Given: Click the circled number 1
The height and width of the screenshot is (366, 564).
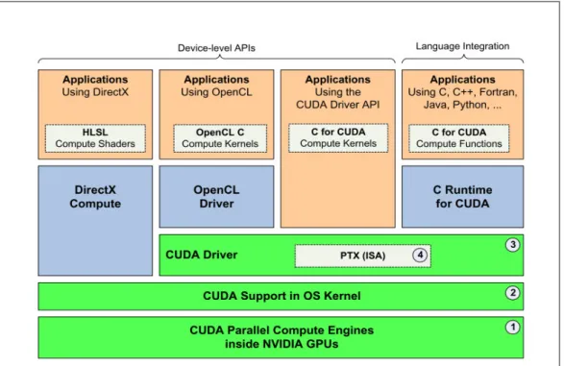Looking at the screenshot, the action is [x=512, y=328].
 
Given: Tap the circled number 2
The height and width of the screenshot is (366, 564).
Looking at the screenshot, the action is [x=512, y=293].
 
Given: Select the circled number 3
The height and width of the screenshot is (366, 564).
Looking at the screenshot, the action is [x=512, y=245].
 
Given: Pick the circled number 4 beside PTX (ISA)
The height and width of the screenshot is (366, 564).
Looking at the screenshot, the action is [x=420, y=256].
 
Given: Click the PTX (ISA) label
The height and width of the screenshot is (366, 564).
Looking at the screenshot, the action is [x=362, y=256].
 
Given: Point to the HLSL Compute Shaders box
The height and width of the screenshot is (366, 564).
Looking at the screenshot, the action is [x=95, y=138].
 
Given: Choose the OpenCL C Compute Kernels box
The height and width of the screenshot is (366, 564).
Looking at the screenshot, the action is [x=220, y=138].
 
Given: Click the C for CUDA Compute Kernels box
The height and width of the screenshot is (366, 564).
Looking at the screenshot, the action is [x=338, y=138].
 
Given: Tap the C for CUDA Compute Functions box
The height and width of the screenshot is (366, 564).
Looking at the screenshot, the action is [x=459, y=138].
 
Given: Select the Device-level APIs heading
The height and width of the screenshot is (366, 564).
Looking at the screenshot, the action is [x=216, y=48].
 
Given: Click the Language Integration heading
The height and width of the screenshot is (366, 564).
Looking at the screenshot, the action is [x=462, y=46].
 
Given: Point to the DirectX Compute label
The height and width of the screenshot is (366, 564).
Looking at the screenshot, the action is [x=95, y=197].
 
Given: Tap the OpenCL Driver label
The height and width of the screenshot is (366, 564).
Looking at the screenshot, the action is [x=216, y=197].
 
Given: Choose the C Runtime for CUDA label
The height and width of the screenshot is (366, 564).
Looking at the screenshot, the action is [x=462, y=197].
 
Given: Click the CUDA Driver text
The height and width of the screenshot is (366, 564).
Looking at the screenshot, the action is [x=202, y=255].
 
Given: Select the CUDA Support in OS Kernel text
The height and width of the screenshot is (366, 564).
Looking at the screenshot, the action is [x=282, y=296].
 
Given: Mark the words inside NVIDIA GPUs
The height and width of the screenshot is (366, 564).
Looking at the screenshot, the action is [x=282, y=344].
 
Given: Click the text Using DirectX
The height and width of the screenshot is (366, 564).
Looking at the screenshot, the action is [x=95, y=92].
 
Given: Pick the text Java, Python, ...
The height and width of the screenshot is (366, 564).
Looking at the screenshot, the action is [x=456, y=105].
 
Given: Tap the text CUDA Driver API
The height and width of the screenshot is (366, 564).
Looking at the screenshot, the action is [x=338, y=105].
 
